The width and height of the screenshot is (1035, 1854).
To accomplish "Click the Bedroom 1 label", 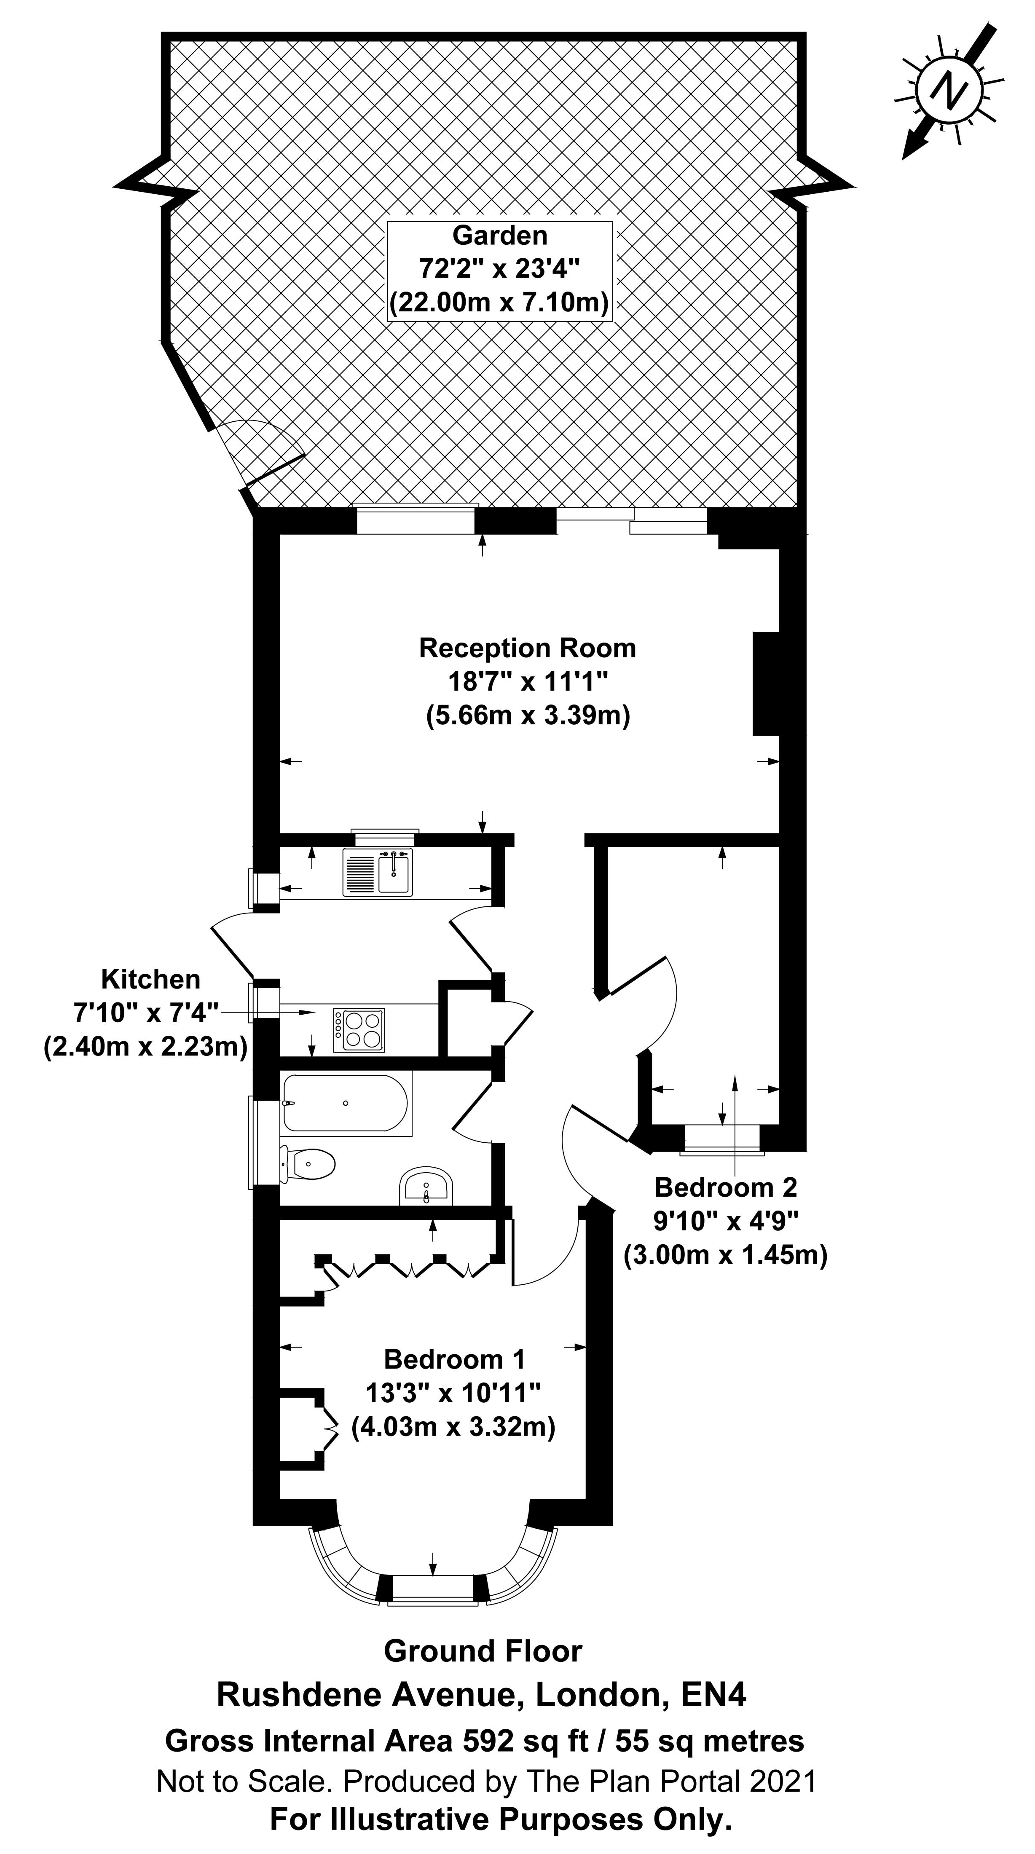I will [x=454, y=1359].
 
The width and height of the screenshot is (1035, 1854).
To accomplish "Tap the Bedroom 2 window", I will [x=722, y=1138].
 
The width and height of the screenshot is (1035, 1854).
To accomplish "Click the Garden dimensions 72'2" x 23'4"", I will [x=499, y=268].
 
